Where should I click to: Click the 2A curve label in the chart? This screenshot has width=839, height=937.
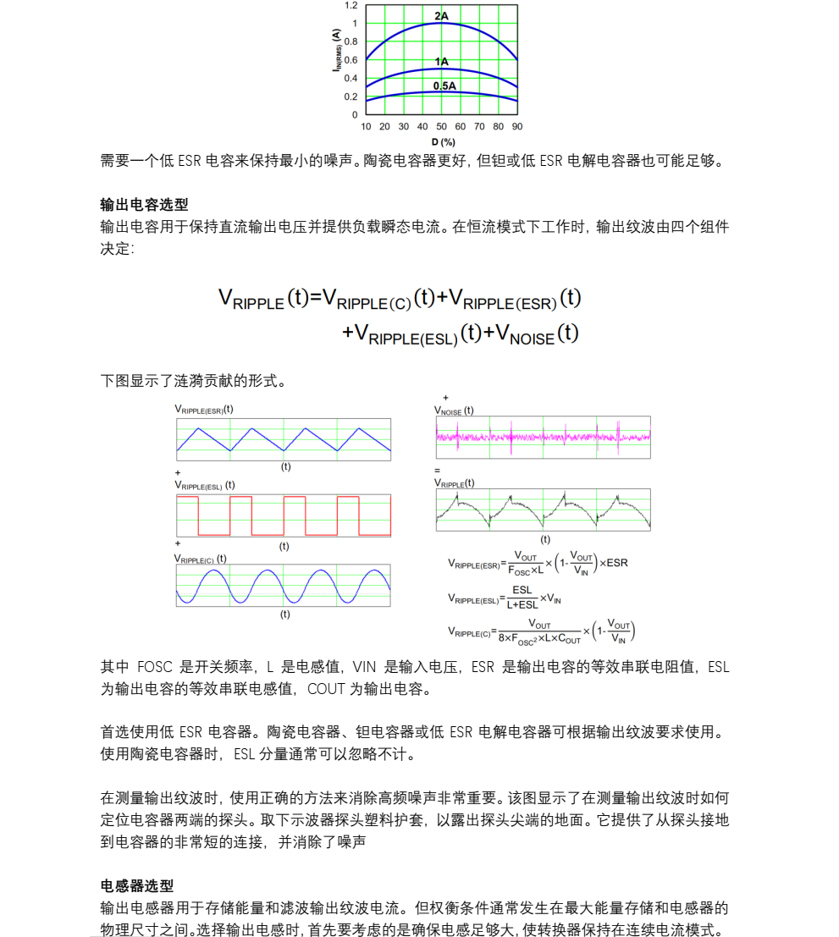[441, 16]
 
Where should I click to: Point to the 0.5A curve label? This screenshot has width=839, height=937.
[444, 86]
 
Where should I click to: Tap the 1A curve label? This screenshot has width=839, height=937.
[441, 62]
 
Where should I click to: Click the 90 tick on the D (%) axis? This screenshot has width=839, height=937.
[516, 126]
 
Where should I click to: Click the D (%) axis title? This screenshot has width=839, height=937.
[443, 141]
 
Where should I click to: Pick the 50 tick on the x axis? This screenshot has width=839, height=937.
[441, 126]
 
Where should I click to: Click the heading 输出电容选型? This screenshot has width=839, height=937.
[144, 205]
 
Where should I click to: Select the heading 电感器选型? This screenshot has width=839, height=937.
[137, 885]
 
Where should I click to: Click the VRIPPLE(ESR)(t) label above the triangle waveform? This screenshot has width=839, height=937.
[204, 409]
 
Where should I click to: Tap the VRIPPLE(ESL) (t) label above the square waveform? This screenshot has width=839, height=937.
[205, 485]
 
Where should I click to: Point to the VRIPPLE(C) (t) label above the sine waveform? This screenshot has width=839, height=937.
[201, 559]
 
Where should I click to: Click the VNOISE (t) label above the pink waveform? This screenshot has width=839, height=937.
[454, 411]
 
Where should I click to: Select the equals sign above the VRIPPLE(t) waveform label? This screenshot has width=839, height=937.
[438, 470]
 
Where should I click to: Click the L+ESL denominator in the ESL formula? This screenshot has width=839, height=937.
[522, 604]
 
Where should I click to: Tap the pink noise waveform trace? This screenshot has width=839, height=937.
[543, 437]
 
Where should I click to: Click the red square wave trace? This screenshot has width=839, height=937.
[284, 516]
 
